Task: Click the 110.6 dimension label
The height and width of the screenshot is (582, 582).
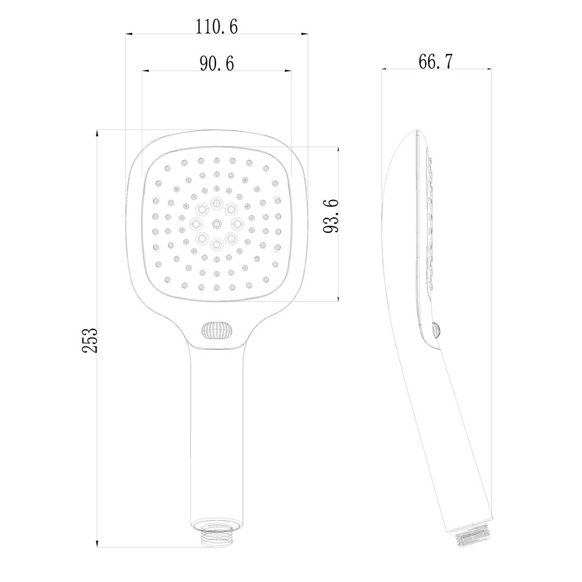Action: pos(217,26)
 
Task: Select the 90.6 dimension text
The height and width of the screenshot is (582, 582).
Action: pos(217,64)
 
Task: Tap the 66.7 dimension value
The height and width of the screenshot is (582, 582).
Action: pos(435,61)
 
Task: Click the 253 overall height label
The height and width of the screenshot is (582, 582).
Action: pos(89,340)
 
